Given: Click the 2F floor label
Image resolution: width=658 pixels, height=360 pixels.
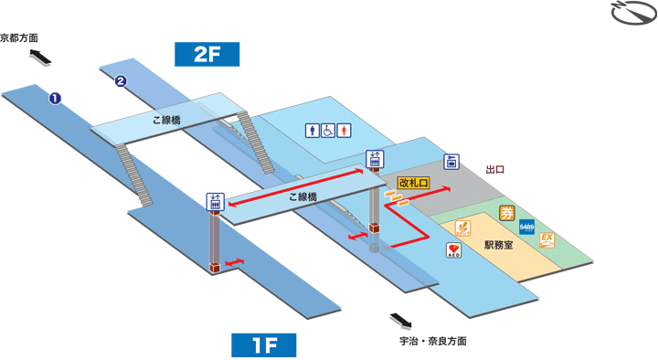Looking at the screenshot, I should point(207,54).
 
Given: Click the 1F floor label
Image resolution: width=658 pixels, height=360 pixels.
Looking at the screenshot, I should point(264,345).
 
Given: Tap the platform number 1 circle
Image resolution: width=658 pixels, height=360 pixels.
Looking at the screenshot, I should point(55,97).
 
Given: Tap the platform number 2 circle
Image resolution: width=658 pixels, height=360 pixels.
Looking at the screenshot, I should point(120,81).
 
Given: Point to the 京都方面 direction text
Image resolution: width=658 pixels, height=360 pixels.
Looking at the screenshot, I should point(20,38).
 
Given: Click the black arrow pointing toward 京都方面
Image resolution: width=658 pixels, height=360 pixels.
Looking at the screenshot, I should point(39,58).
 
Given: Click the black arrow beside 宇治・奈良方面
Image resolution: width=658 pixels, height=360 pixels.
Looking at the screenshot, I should point(400,321).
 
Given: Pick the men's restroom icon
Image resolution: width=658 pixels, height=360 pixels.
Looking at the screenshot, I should point(313,130).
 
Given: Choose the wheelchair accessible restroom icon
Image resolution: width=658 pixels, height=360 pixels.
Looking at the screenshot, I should point(328,130).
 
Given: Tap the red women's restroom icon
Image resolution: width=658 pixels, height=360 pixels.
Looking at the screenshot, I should point(344,130).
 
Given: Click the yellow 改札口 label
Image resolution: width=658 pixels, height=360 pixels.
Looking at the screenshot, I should point(414,183).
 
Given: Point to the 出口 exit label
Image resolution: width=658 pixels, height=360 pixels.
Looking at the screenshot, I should point(495,170).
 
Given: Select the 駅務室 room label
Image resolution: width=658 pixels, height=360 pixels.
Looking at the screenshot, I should point(498,245).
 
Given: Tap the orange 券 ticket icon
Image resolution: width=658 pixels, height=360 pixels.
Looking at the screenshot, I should point(507,214).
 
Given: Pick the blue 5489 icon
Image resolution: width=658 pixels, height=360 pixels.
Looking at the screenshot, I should point(527,226).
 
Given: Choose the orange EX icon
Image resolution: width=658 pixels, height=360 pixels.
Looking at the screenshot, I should point(547,240).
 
